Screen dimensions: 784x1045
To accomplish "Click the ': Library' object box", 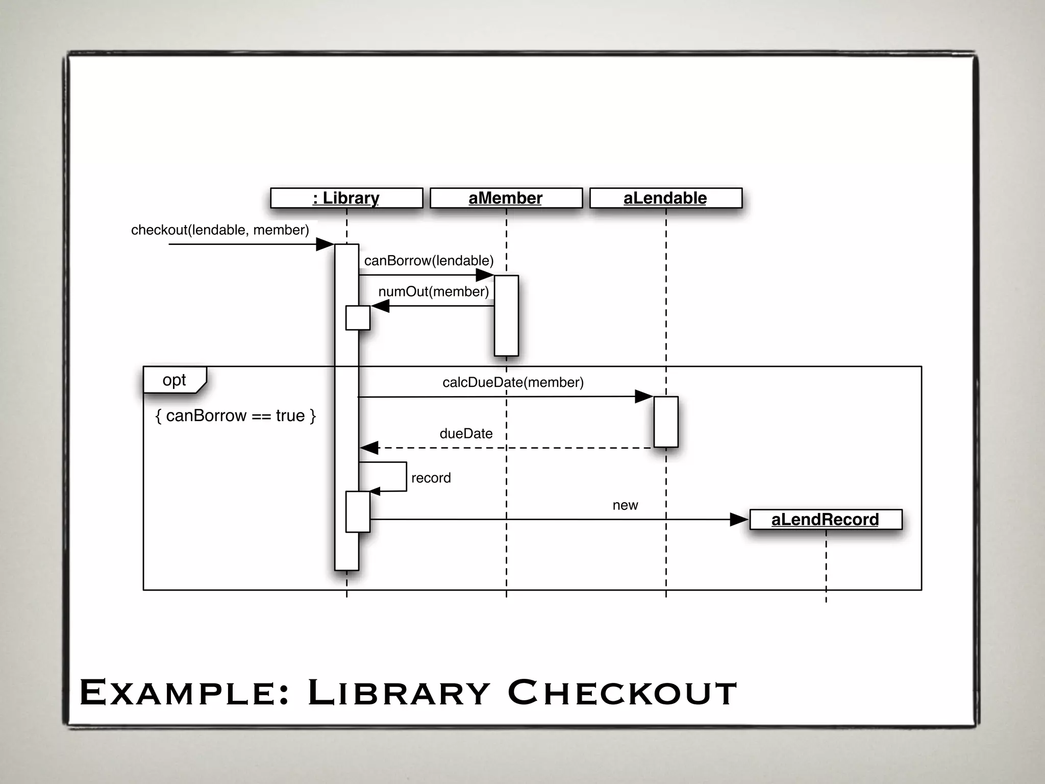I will pos(346,198).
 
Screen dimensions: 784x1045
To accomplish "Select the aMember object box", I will pos(506,198).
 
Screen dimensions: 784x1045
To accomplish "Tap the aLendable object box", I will pos(665,198).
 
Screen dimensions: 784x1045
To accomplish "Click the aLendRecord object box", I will pos(825,520).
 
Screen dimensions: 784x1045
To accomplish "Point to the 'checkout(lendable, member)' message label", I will pos(220,230).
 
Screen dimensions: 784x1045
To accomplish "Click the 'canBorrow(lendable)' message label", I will pos(429,261).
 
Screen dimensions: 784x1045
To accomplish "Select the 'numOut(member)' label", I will pos(433,291).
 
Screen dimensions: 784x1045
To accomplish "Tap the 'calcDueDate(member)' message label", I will pos(513,382).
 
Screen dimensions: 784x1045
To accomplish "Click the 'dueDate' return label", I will pos(466,434).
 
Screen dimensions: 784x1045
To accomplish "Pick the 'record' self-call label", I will pos(431,478).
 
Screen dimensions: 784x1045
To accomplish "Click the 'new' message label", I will pos(625,505).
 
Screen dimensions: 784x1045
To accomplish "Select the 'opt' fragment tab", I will pos(175,380).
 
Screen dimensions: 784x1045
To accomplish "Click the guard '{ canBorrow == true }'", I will pos(235,416).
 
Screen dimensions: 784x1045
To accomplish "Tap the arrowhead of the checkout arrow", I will pos(325,244).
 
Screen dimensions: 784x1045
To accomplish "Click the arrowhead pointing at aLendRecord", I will pos(739,520).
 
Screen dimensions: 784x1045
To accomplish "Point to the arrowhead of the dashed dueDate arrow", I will pos(369,448).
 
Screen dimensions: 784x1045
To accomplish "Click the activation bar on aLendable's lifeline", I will pos(666,422).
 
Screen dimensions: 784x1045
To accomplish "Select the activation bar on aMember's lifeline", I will pos(506,315).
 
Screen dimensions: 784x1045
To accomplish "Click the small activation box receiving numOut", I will pos(358,318).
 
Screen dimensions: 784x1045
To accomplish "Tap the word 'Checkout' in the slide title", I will pos(622,693).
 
